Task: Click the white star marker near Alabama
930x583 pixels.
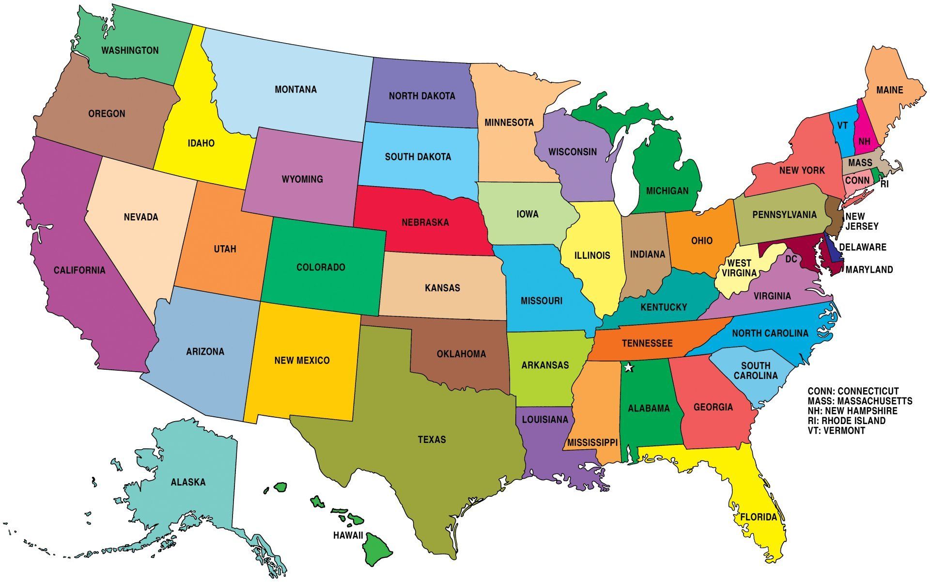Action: (629, 367)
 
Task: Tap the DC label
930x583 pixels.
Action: (791, 259)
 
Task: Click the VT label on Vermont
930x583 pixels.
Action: (843, 126)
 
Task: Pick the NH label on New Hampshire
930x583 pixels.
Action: (865, 142)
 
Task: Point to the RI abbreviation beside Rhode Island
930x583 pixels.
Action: (884, 184)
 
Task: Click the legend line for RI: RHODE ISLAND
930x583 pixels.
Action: (846, 421)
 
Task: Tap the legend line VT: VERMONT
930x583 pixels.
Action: (836, 430)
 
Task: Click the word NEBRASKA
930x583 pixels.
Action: (425, 222)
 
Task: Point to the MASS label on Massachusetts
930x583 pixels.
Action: (860, 163)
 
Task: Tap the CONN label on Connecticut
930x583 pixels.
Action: (857, 180)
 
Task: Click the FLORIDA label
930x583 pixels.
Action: (759, 517)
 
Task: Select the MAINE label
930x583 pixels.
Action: (890, 90)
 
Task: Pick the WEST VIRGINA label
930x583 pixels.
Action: (740, 268)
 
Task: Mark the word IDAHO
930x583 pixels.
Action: (201, 143)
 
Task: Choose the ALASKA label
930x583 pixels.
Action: (188, 482)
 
